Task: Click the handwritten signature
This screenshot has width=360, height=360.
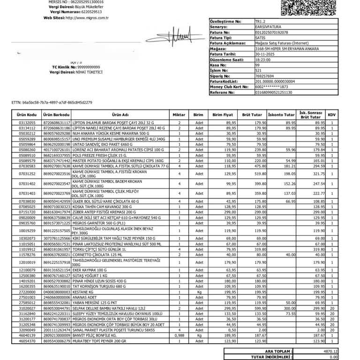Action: [178, 35]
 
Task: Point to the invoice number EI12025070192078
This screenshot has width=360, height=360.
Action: [273, 32]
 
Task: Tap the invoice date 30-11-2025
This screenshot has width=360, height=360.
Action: [265, 54]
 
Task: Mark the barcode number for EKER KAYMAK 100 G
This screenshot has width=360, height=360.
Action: [57, 270]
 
